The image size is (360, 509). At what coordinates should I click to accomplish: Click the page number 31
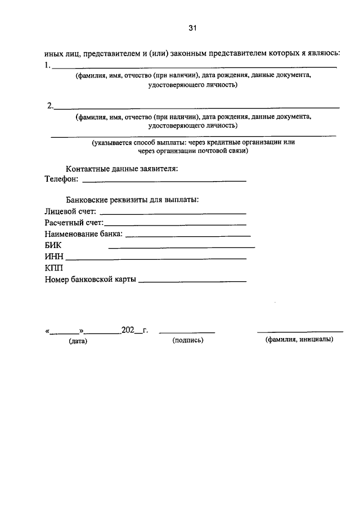(193, 28)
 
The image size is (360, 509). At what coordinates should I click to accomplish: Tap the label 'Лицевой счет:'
(70, 212)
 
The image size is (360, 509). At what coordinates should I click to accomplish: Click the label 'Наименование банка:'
(83, 234)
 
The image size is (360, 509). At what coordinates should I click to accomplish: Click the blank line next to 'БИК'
(181, 247)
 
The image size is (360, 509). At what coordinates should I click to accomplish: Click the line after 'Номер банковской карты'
(192, 281)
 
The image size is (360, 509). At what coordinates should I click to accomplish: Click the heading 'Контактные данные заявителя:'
(122, 169)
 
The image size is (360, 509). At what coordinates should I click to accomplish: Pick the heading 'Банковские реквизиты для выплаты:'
(132, 200)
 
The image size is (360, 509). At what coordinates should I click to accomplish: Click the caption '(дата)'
(78, 341)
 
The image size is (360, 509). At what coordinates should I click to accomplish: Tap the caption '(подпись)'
(188, 340)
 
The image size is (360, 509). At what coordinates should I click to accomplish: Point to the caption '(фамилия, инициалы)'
(299, 340)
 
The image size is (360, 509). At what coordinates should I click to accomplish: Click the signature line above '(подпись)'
(187, 332)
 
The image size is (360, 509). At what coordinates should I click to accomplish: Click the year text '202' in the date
(128, 330)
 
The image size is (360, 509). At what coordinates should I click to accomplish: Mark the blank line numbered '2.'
(196, 107)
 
